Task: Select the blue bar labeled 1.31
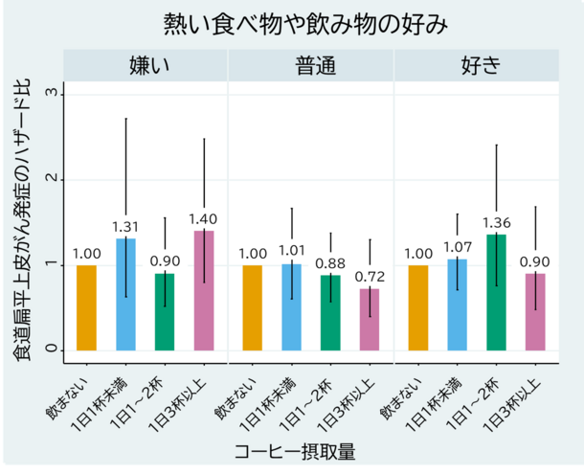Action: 125,294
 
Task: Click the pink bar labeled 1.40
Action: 204,290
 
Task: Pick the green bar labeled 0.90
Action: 165,311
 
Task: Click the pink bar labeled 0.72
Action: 370,319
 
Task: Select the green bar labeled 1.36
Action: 496,292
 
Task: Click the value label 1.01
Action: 291,251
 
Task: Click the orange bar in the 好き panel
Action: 418,307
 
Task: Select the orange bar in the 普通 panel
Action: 253,307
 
